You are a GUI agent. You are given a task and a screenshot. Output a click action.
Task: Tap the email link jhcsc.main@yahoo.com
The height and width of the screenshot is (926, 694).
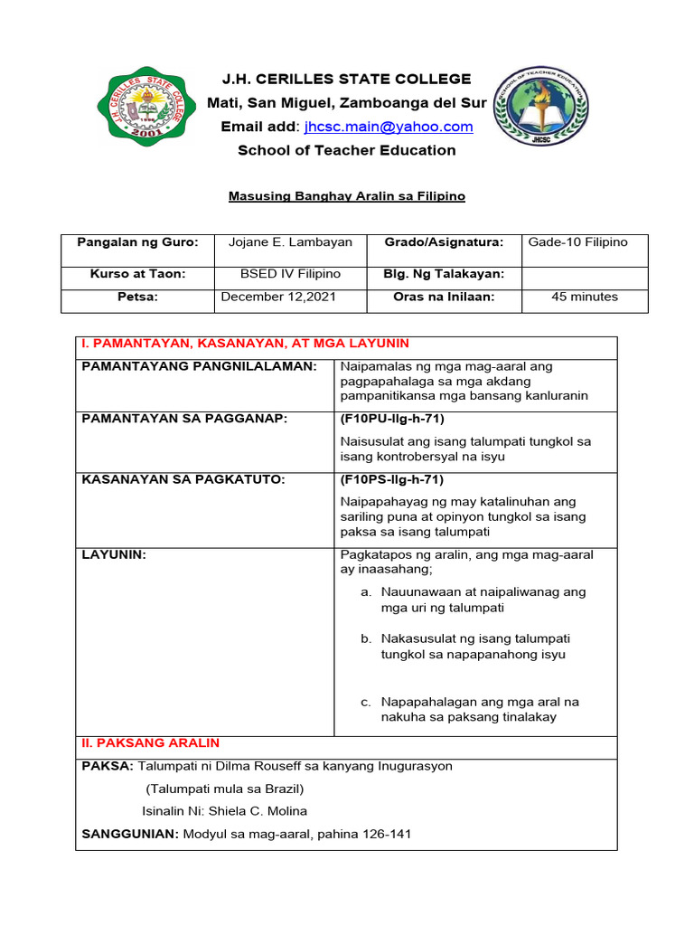click(x=389, y=127)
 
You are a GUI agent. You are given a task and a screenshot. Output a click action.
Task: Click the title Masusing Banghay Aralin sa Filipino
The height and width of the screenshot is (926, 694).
click(x=347, y=195)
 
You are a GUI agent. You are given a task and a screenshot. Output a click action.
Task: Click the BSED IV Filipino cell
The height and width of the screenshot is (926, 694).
click(x=290, y=274)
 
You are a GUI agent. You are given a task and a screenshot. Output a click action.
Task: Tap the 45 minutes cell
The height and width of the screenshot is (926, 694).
click(x=584, y=297)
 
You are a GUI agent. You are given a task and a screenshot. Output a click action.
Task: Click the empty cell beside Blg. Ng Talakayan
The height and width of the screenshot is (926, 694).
click(x=585, y=274)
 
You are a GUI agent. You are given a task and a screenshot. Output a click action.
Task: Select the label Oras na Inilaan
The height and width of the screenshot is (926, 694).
click(x=444, y=297)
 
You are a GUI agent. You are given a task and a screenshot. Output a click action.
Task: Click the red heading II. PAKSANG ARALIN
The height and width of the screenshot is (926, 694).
click(x=150, y=742)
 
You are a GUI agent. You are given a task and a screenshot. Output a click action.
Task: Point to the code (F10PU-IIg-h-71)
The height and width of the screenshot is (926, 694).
click(x=392, y=419)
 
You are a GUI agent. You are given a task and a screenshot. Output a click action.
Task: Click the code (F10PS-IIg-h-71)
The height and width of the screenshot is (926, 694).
click(x=392, y=479)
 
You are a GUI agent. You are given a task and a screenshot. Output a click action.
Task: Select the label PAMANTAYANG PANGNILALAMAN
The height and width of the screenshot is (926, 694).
click(x=199, y=366)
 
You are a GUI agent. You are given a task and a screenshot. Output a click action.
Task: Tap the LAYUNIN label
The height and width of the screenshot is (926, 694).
click(x=114, y=554)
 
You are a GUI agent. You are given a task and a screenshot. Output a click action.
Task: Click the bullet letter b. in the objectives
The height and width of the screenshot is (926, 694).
click(x=366, y=638)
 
